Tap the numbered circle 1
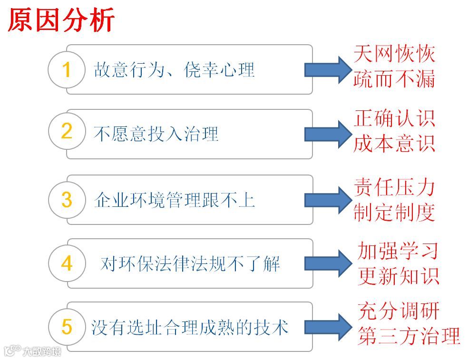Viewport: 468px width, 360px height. (67, 70)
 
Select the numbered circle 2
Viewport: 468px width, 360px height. (67, 132)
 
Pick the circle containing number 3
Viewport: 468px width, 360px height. (67, 200)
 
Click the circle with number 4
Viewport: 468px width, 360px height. (67, 263)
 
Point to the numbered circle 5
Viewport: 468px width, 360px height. (67, 326)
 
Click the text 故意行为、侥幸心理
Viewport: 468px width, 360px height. (174, 70)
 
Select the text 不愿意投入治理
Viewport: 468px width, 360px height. (156, 134)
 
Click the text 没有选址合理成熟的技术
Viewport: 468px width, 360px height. (190, 327)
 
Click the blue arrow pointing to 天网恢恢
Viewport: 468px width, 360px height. (326, 70)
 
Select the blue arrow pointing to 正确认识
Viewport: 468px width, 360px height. (326, 134)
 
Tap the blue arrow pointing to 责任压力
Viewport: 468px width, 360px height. (326, 200)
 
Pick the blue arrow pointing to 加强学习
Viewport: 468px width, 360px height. (326, 263)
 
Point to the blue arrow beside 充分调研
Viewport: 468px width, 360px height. (326, 327)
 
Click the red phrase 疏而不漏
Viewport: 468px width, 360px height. (394, 79)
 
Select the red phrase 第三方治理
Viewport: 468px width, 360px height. (409, 336)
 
